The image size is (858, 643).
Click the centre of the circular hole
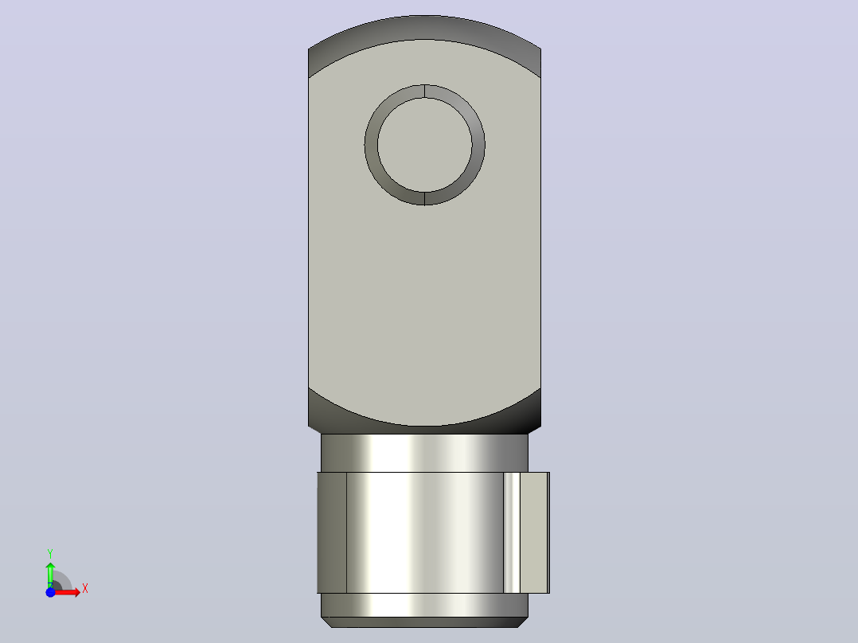click(425, 145)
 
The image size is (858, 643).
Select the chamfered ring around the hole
click(370, 145)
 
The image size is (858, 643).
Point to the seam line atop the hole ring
click(425, 92)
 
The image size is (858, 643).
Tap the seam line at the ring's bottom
click(425, 199)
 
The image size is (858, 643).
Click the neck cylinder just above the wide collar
click(425, 453)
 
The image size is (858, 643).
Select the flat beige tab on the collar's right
click(533, 532)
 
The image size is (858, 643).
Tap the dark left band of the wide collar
click(332, 532)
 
